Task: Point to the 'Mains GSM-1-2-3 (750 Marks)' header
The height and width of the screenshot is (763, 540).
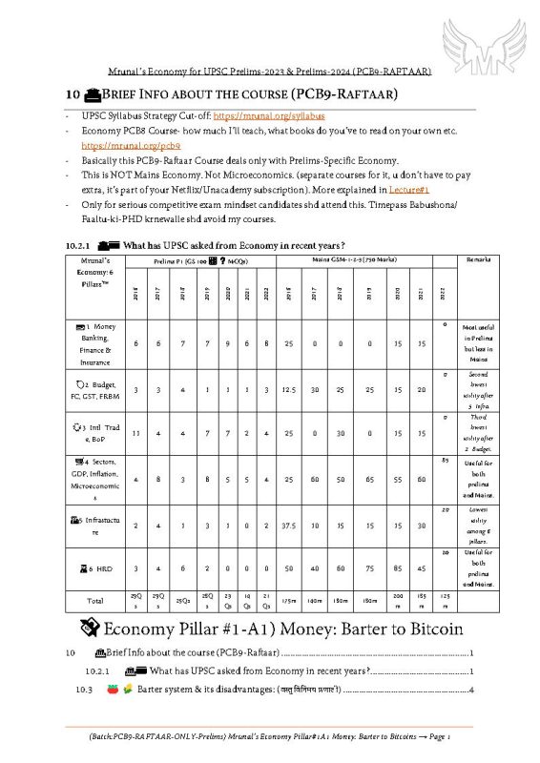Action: click(x=356, y=259)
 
